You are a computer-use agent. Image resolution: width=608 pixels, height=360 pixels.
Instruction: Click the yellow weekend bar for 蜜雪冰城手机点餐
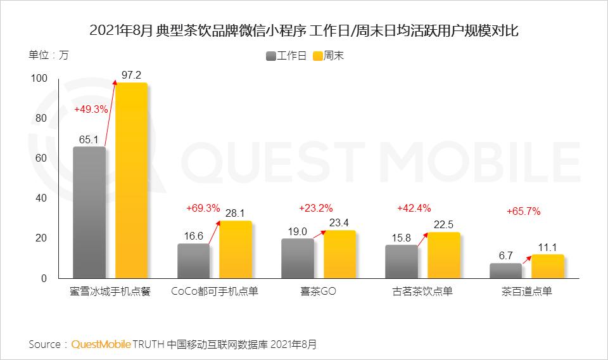[131, 181]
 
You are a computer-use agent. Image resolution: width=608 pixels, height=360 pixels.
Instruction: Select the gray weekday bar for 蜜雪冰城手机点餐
[89, 212]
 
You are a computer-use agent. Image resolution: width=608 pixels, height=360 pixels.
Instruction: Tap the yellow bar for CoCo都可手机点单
[235, 250]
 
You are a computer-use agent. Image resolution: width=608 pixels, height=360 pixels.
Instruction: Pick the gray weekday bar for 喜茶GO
[298, 259]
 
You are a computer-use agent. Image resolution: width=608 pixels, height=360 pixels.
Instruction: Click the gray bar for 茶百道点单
[505, 271]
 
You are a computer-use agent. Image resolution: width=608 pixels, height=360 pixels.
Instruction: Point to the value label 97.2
[131, 75]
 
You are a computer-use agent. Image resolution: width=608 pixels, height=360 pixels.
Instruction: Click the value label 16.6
[193, 235]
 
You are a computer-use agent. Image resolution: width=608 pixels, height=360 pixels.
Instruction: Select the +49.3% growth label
[91, 109]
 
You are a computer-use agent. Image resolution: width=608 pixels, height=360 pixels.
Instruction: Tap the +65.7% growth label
[523, 212]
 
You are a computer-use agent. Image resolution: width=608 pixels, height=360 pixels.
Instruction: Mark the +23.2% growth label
[315, 208]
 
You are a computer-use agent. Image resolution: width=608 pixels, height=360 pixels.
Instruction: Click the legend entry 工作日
[286, 56]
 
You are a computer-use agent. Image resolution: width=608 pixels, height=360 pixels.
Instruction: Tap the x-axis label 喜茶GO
[319, 292]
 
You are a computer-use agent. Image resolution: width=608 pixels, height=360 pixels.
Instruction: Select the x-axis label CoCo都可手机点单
[215, 292]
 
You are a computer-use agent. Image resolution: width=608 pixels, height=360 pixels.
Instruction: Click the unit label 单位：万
[48, 55]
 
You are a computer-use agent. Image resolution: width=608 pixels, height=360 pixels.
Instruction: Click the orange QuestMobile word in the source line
[101, 345]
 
